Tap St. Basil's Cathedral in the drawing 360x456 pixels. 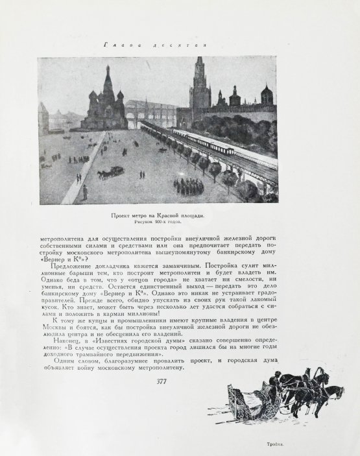click(107, 107)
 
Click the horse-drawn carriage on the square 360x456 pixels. click(112, 172)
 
